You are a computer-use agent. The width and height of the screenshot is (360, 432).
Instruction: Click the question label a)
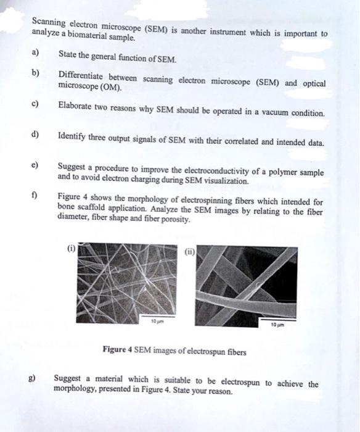pos(35,52)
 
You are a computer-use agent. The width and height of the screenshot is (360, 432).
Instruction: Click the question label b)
pos(35,73)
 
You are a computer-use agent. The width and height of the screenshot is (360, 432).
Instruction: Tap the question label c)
pos(35,104)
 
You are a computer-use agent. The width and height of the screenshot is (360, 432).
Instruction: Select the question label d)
pos(35,135)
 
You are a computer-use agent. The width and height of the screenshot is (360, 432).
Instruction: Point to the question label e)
pos(35,165)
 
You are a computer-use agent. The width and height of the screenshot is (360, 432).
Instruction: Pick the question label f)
pos(34,196)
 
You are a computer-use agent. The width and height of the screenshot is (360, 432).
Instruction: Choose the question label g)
pos(32,378)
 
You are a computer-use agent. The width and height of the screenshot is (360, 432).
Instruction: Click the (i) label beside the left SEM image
pos(72,249)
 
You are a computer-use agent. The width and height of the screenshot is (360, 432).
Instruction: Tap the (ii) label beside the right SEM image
pos(190,252)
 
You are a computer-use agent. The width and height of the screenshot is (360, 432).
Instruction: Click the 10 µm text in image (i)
pos(158,321)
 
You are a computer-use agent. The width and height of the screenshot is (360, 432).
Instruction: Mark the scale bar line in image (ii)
pos(278,320)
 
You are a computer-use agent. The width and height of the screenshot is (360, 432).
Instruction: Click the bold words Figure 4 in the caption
pos(118,349)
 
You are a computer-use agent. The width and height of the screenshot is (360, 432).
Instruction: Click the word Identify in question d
pos(72,136)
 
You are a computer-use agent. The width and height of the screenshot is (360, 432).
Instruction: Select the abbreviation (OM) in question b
pos(110,88)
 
